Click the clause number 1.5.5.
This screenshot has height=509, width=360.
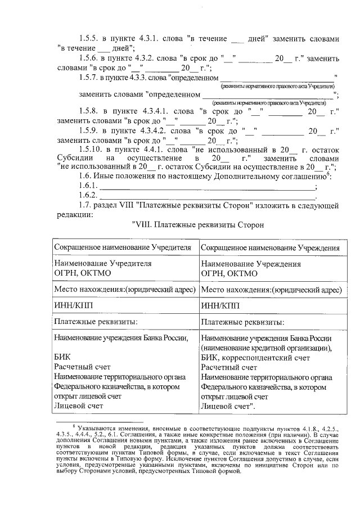89,39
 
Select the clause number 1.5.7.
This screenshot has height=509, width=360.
89,77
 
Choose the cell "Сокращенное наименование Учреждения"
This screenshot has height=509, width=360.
270,248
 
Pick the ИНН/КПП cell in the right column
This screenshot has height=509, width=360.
217,306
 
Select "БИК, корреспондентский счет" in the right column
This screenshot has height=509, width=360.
255,357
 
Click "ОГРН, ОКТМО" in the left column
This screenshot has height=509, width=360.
83,273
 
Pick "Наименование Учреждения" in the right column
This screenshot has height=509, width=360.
250,263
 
